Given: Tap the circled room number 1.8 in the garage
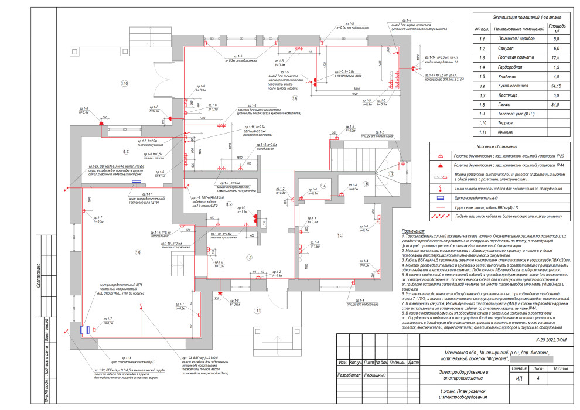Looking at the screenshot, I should tap(138, 252).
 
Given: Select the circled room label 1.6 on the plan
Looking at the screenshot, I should tap(295, 98).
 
